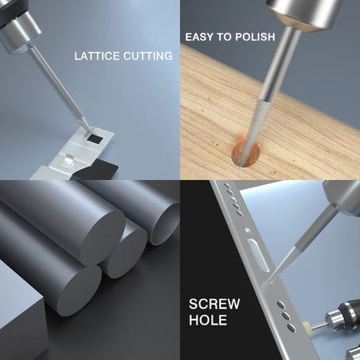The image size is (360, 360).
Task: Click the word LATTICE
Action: pyautogui.click(x=97, y=56)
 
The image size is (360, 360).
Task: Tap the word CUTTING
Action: pyautogui.click(x=148, y=56)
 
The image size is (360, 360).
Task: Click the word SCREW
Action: pyautogui.click(x=214, y=304)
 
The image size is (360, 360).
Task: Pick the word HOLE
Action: pyautogui.click(x=208, y=320)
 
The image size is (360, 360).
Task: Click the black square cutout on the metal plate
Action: pyautogui.click(x=95, y=137)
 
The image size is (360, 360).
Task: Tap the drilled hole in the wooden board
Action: pyautogui.click(x=245, y=155)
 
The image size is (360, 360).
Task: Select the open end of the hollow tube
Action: pyautogui.click(x=165, y=224)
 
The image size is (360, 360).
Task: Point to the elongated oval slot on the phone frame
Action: pyautogui.click(x=259, y=255)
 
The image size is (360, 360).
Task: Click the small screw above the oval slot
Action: pyautogui.click(x=247, y=230)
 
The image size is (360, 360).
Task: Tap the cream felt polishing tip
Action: pyautogui.click(x=306, y=326)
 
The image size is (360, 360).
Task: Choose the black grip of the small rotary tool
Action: pyautogui.click(x=349, y=307)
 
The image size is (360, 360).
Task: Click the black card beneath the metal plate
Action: pyautogui.click(x=98, y=169)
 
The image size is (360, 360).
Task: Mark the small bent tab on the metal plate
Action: pyautogui.click(x=69, y=162)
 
